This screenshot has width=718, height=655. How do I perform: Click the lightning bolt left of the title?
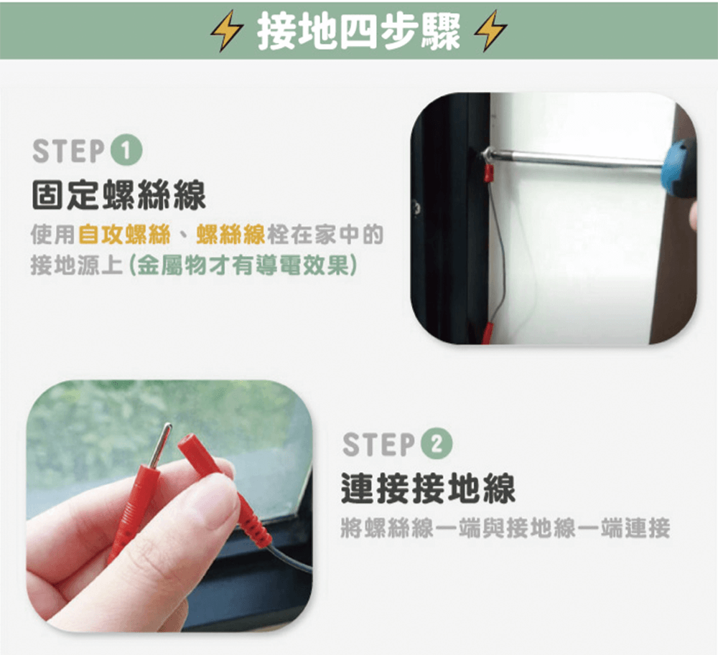[x=226, y=30]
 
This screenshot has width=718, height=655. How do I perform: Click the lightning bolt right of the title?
[x=490, y=30]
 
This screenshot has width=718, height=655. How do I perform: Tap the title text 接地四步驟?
[x=358, y=31]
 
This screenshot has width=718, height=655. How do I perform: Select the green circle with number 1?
[x=127, y=151]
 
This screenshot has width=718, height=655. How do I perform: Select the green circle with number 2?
[x=437, y=443]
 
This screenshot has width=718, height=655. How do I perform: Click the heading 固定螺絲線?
[x=119, y=195]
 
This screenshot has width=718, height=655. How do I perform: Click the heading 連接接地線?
[x=428, y=488]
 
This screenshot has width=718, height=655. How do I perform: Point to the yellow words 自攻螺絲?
[x=124, y=235]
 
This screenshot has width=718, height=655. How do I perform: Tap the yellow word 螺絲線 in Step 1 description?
[x=230, y=235]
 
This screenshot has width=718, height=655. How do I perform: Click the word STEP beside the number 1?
[x=69, y=151]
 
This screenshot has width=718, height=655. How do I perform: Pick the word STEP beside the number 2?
[x=378, y=444]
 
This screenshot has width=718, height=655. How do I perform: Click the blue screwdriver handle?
[x=679, y=166]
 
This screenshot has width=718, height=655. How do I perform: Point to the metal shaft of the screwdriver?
[x=573, y=157]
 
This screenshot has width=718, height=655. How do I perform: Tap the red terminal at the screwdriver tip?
[x=489, y=173]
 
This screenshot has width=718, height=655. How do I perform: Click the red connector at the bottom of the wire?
[x=488, y=333]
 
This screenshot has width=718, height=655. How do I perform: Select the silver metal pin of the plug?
[x=160, y=446]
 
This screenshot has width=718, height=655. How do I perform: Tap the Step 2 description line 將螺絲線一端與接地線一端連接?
[x=505, y=528]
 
